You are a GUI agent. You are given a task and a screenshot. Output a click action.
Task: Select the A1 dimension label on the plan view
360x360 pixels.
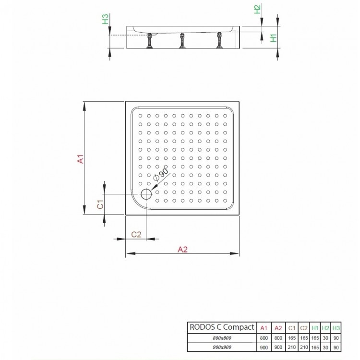point(81,158)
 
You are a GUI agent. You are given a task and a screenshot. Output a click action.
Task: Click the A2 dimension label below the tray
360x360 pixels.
point(182,249)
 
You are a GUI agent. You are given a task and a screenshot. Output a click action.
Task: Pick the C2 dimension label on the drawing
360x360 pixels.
point(136,234)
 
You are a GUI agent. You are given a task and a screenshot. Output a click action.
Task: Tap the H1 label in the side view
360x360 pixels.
point(272,38)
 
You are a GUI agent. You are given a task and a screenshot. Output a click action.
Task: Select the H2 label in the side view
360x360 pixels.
point(257,9)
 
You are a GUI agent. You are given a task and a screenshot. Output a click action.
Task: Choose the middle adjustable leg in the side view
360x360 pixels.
point(182,42)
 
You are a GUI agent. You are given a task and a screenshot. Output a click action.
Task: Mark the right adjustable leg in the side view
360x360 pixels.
point(220,41)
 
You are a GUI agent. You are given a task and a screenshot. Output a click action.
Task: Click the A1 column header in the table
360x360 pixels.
point(264,328)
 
